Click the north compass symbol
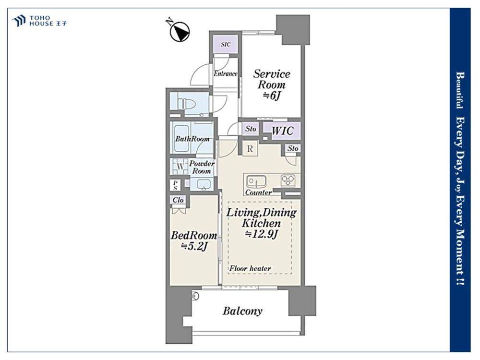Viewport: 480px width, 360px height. click(179, 31)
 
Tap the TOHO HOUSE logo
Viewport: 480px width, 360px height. click(39, 21)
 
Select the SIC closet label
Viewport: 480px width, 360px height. click(225, 44)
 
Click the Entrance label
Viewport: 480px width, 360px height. click(225, 73)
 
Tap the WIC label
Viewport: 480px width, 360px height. click(282, 131)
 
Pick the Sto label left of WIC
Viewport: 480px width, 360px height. click(251, 129)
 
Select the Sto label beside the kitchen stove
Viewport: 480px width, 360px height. click(293, 148)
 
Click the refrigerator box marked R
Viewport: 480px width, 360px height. click(250, 149)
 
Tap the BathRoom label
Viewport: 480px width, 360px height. click(192, 139)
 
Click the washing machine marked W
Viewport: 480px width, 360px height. click(180, 167)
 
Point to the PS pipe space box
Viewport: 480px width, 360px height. click(175, 185)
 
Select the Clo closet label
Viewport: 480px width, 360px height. click(178, 200)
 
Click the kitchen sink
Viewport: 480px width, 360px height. click(256, 182)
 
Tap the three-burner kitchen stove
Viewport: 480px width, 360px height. click(288, 180)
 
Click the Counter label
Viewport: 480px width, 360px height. click(258, 192)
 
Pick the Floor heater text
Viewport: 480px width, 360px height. click(250, 268)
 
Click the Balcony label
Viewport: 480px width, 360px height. click(242, 311)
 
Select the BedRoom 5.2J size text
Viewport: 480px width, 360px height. click(194, 246)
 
